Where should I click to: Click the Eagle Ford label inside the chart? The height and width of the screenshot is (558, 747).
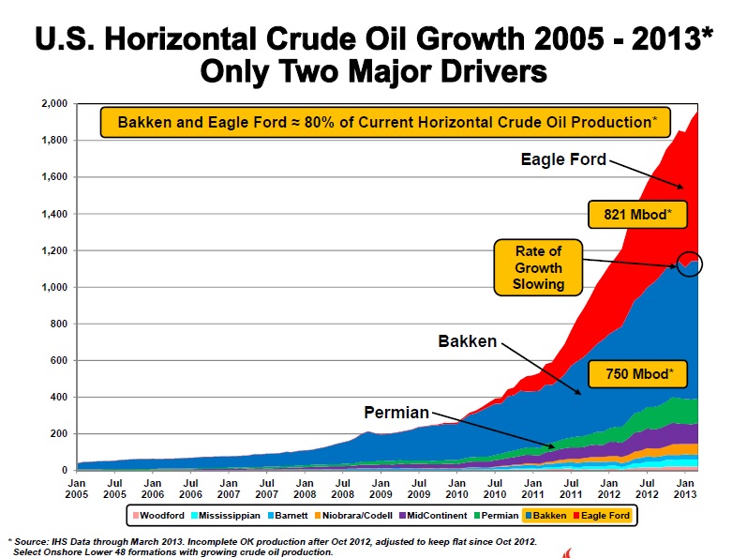click(563, 159)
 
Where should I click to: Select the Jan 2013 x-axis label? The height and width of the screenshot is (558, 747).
click(685, 487)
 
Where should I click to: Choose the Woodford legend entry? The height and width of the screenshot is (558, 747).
click(162, 515)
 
